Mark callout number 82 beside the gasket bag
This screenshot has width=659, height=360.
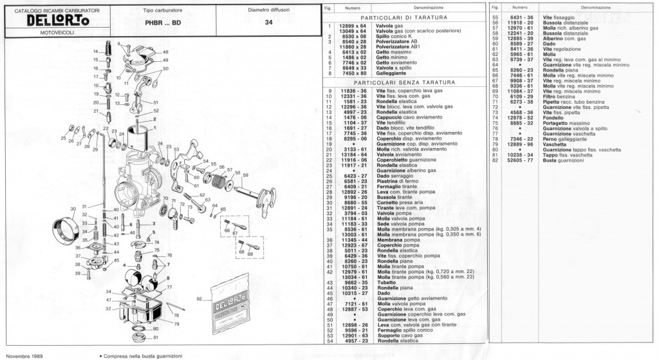coord(199,299)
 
